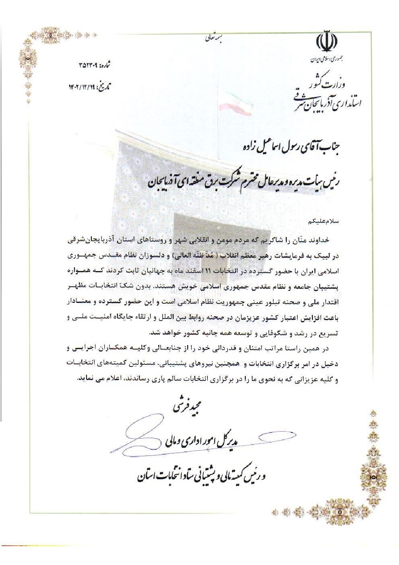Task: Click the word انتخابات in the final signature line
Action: click(x=162, y=476)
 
